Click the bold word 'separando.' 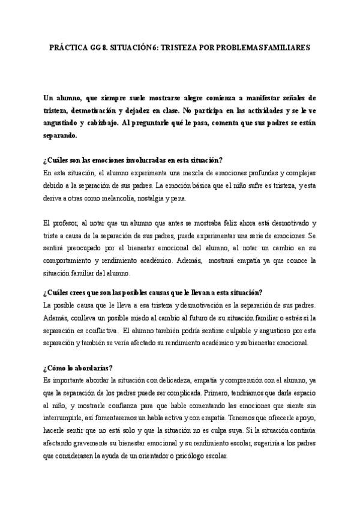coord(61,136)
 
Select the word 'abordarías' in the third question coord(91,367)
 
